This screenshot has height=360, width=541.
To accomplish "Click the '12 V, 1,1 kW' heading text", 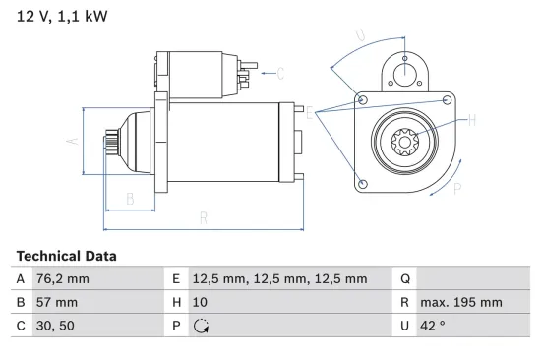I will [61, 18].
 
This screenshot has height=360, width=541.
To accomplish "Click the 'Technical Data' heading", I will [66, 256].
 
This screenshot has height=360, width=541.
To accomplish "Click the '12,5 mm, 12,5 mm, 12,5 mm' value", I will [280, 279].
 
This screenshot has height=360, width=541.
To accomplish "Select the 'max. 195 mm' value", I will [460, 303].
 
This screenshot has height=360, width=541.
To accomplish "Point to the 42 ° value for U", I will [434, 327].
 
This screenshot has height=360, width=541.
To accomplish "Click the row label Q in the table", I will [404, 279].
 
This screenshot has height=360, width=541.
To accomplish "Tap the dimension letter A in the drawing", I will [71, 141].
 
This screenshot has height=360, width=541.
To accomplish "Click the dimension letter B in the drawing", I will [129, 198].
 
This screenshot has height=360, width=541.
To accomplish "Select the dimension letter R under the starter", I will [204, 218].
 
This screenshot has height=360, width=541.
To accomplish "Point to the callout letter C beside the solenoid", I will [280, 72].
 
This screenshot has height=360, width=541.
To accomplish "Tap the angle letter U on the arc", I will [360, 36].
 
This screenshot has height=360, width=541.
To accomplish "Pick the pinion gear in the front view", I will [405, 145].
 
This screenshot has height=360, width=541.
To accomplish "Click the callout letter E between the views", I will [311, 114].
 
